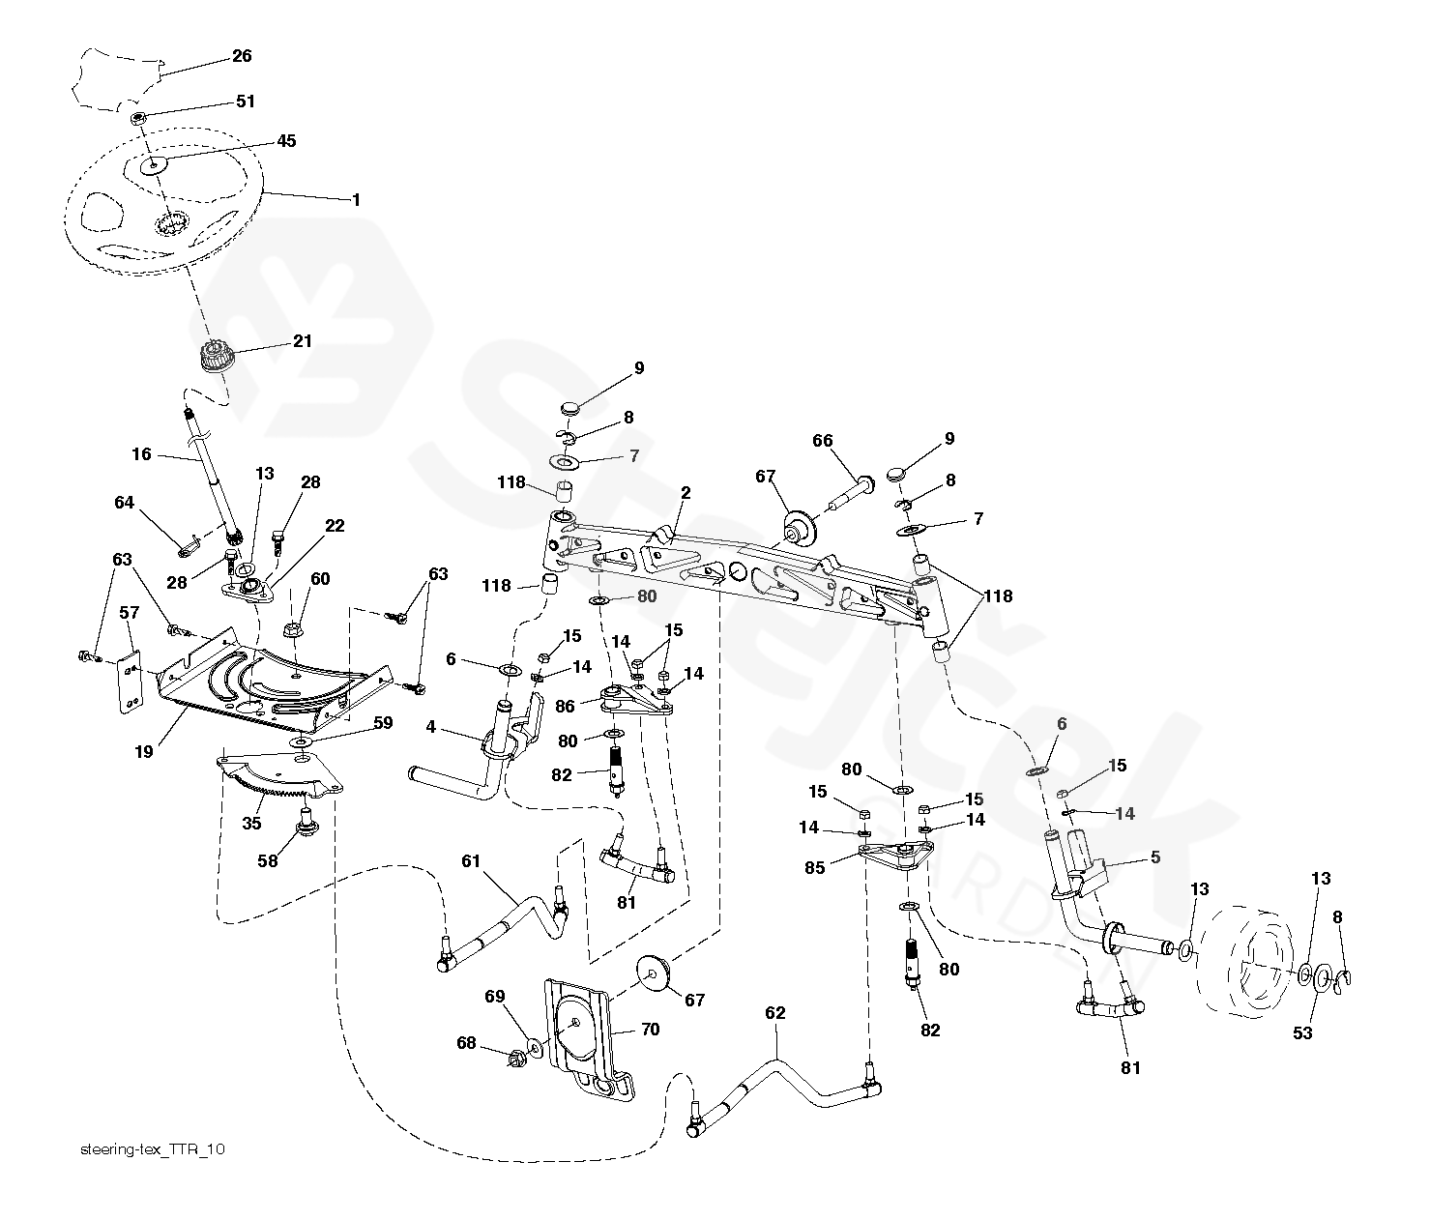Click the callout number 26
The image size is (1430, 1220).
(242, 56)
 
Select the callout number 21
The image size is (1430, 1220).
(303, 341)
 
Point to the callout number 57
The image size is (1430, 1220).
(129, 612)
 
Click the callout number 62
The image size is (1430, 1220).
(775, 1013)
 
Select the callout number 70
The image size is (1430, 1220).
(650, 1030)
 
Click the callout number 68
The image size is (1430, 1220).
(466, 1043)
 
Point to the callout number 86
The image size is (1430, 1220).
(567, 708)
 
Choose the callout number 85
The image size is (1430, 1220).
(815, 867)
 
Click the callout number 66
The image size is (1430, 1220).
(822, 442)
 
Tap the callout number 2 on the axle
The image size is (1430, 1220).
(686, 493)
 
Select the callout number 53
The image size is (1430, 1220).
(1303, 1033)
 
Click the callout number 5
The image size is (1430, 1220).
(1154, 857)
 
